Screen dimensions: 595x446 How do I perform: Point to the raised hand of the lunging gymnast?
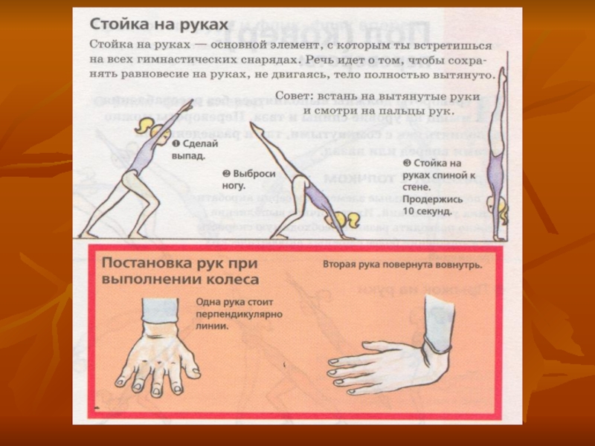[189, 103]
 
